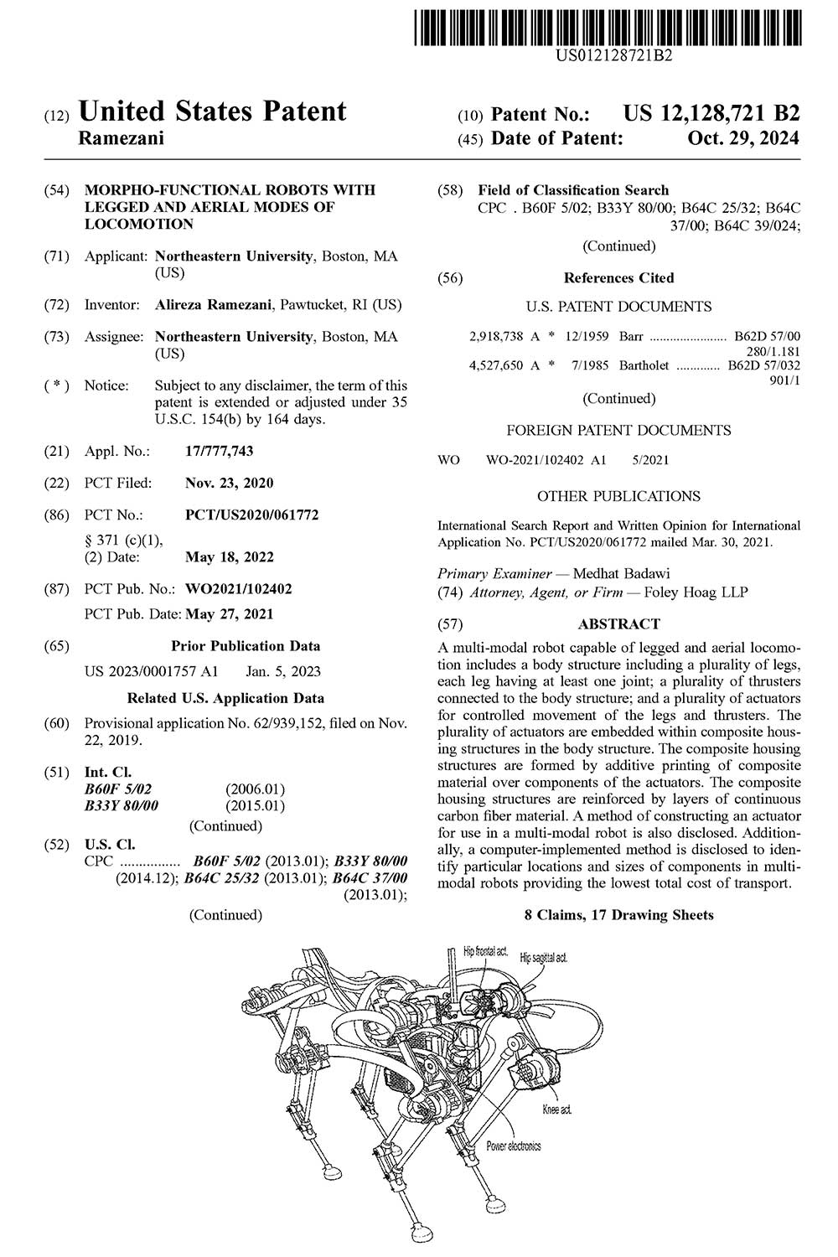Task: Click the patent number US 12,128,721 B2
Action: pos(711,114)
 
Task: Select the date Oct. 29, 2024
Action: pos(743,139)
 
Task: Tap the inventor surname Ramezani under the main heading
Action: pos(121,139)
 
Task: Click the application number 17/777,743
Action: pos(219,452)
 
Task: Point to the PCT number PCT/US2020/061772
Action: pos(251,515)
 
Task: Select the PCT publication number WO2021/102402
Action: pos(239,589)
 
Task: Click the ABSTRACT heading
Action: pos(618,624)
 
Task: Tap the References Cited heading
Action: pos(618,278)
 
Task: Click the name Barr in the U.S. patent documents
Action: pos(631,337)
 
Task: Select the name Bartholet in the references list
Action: pos(645,365)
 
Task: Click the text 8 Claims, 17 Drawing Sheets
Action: pos(618,915)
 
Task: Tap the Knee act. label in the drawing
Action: pos(556,1110)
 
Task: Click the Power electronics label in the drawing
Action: pos(513,1146)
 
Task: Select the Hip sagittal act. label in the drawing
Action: pos(543,957)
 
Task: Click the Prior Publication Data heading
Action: pos(246,646)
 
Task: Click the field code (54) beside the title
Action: pos(56,190)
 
